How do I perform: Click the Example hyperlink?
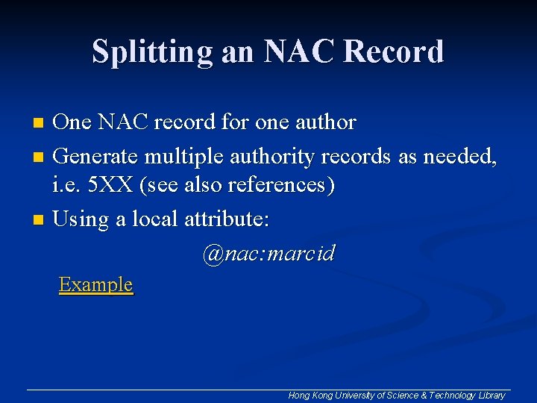95,285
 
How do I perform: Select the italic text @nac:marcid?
268,254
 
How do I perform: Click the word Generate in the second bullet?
96,157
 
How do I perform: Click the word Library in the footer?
491,395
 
